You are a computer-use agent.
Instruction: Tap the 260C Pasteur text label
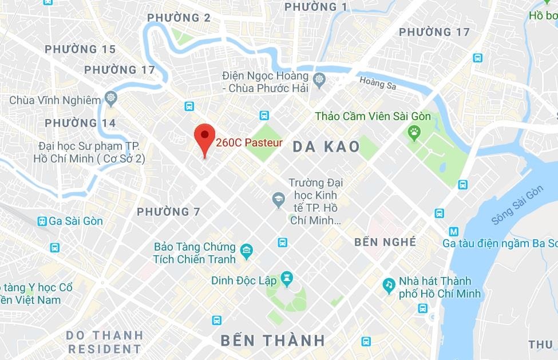[x=249, y=143]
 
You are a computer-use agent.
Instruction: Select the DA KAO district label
[x=326, y=147]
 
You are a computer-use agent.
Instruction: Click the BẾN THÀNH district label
[x=273, y=341]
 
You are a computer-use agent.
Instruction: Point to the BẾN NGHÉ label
[x=385, y=242]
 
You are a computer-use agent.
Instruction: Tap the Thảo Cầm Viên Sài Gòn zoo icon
[x=414, y=133]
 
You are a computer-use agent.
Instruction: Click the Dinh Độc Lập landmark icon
[x=287, y=280]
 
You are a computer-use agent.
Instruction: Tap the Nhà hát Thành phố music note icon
[x=389, y=284]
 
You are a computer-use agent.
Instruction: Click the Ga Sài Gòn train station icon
[x=42, y=221]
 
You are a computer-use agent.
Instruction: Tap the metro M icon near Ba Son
[x=454, y=232]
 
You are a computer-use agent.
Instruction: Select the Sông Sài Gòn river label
[x=517, y=205]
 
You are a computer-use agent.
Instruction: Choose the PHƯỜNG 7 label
[x=168, y=212]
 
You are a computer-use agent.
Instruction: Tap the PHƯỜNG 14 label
[x=80, y=123]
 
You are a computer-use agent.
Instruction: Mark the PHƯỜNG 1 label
[x=316, y=7]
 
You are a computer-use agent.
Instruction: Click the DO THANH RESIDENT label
[x=104, y=342]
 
